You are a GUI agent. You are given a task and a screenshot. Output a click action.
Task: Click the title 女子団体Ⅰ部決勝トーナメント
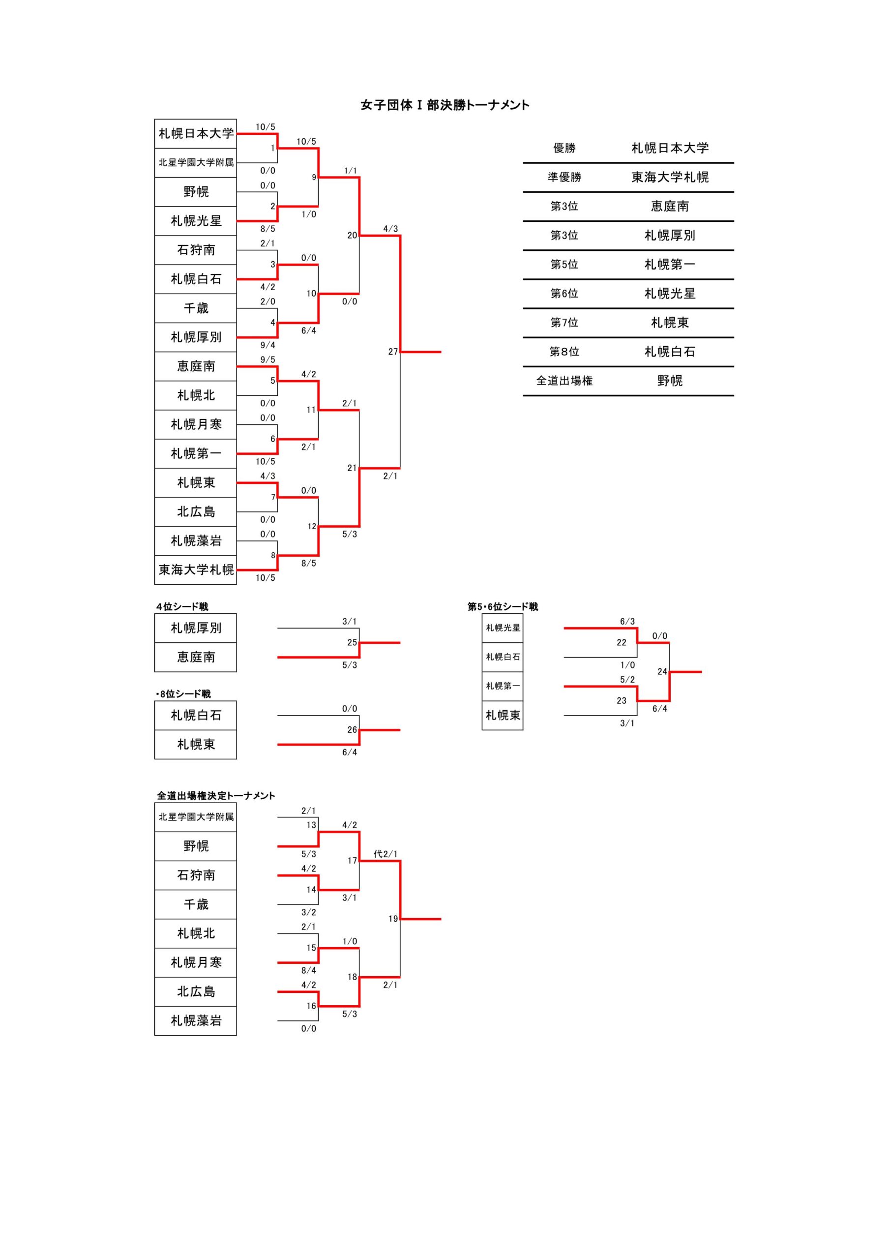(x=445, y=105)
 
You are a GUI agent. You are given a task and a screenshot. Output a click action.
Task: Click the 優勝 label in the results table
(x=564, y=148)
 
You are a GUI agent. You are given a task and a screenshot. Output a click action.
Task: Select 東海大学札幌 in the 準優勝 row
(x=670, y=177)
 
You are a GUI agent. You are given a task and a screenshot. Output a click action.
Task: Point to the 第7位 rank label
(x=564, y=323)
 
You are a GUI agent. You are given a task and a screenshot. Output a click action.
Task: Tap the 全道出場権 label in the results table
(x=564, y=381)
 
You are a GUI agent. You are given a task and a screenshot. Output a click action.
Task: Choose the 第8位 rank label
(x=564, y=352)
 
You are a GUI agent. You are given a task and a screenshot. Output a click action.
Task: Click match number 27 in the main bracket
(x=392, y=352)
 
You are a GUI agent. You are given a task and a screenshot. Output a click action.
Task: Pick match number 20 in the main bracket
(x=352, y=235)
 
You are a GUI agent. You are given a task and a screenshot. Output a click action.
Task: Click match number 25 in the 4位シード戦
(x=352, y=642)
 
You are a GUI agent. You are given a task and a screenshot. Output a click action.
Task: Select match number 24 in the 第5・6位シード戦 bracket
(x=662, y=671)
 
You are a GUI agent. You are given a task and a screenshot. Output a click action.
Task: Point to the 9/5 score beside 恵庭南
(x=267, y=360)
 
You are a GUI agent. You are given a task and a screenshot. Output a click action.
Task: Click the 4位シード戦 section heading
(x=182, y=606)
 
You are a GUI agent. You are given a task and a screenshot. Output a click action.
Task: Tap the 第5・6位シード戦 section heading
(x=503, y=606)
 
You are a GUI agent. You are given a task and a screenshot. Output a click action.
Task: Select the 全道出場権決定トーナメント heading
(x=216, y=796)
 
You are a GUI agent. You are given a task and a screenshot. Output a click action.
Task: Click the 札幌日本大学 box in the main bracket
(x=196, y=133)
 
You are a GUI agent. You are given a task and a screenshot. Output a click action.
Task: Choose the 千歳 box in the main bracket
(x=196, y=308)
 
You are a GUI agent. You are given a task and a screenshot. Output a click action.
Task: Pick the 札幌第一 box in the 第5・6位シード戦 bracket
(x=503, y=686)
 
